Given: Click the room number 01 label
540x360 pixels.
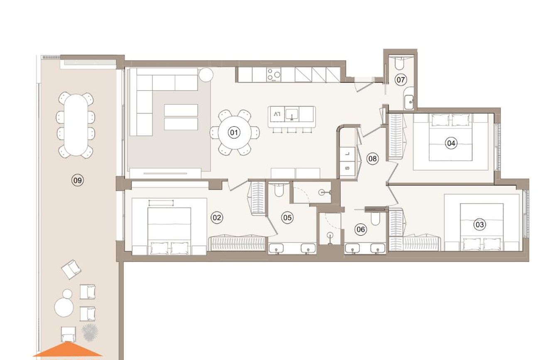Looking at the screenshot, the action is click(x=234, y=132).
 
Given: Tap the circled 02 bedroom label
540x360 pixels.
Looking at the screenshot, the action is click(x=217, y=218).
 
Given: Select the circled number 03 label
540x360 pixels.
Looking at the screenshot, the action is click(x=479, y=225).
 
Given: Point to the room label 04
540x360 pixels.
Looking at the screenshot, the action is click(x=451, y=143).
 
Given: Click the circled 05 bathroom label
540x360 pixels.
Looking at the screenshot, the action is click(x=287, y=218).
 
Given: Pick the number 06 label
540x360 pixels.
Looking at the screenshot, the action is click(x=361, y=229).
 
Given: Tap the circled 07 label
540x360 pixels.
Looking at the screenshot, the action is click(x=401, y=80).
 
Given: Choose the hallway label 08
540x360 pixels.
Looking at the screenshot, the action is click(x=373, y=159).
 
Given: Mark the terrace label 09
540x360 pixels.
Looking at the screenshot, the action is click(x=78, y=180).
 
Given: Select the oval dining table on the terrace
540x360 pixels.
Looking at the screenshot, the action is click(x=76, y=125).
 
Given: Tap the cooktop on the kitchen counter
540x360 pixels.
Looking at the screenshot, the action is click(x=274, y=74).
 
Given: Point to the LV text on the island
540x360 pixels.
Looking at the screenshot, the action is click(x=277, y=114).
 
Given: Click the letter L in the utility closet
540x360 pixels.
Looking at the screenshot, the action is click(x=347, y=154).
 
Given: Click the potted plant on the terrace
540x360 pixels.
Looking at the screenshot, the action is click(x=90, y=333).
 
